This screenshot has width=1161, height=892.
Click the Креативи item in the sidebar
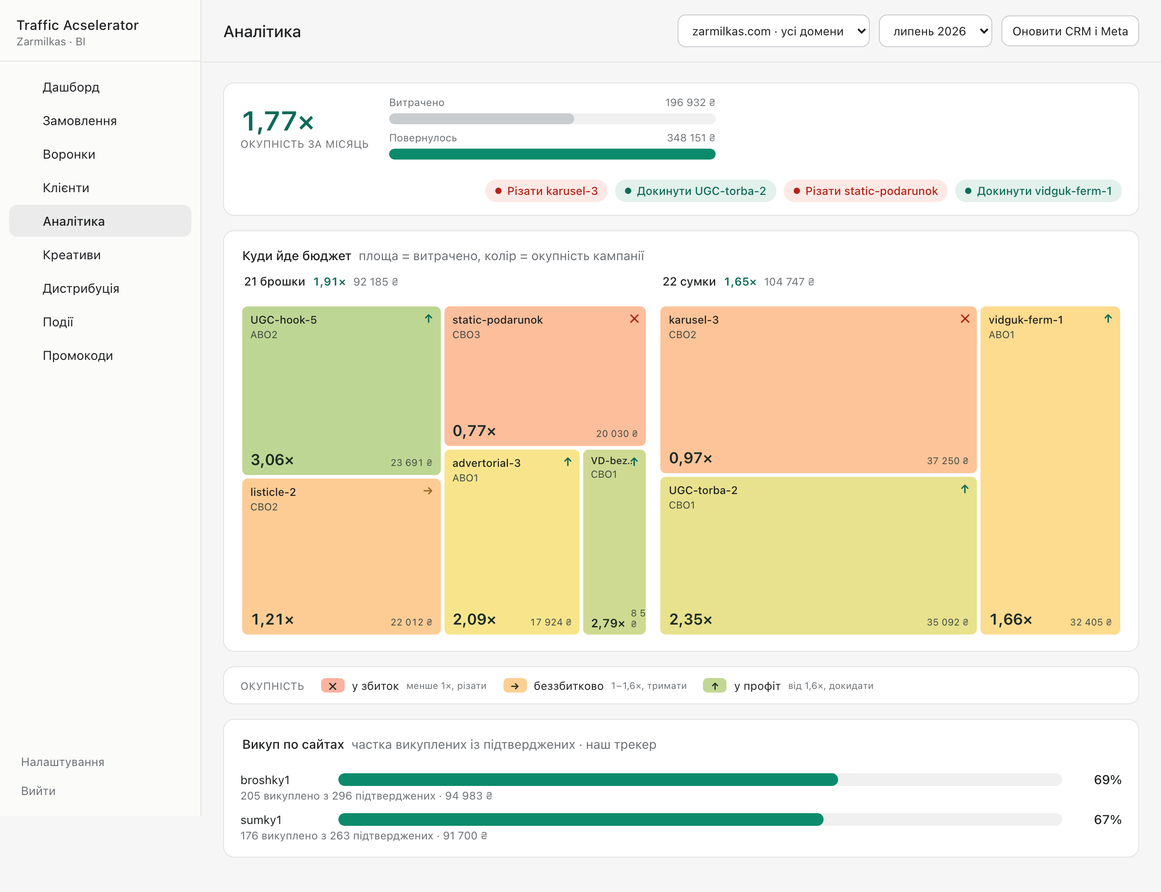click(x=72, y=255)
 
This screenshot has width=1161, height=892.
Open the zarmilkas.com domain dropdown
click(x=773, y=31)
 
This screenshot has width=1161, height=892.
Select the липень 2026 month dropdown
click(x=935, y=31)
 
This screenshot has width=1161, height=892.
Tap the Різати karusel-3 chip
click(x=546, y=191)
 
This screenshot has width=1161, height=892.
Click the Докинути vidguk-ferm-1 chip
click(x=1038, y=191)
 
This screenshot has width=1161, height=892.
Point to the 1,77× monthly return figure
click(x=278, y=121)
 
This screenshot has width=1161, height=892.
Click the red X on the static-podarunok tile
click(x=634, y=319)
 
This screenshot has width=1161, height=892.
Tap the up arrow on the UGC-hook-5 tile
click(x=429, y=319)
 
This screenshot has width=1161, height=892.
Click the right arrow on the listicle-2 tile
click(x=428, y=491)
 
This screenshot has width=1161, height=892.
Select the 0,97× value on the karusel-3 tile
click(x=690, y=458)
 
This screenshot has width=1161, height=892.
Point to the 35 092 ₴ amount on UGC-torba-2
click(x=947, y=622)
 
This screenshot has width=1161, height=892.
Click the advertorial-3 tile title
click(x=487, y=463)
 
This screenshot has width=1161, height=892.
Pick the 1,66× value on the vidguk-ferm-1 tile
click(x=1011, y=620)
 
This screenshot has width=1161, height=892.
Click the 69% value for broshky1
click(x=1107, y=780)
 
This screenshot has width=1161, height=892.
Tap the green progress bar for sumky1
click(x=581, y=820)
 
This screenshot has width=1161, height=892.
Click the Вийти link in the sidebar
click(x=38, y=791)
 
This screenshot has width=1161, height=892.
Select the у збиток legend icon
click(x=333, y=686)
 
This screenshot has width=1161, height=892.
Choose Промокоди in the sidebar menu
click(x=78, y=356)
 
